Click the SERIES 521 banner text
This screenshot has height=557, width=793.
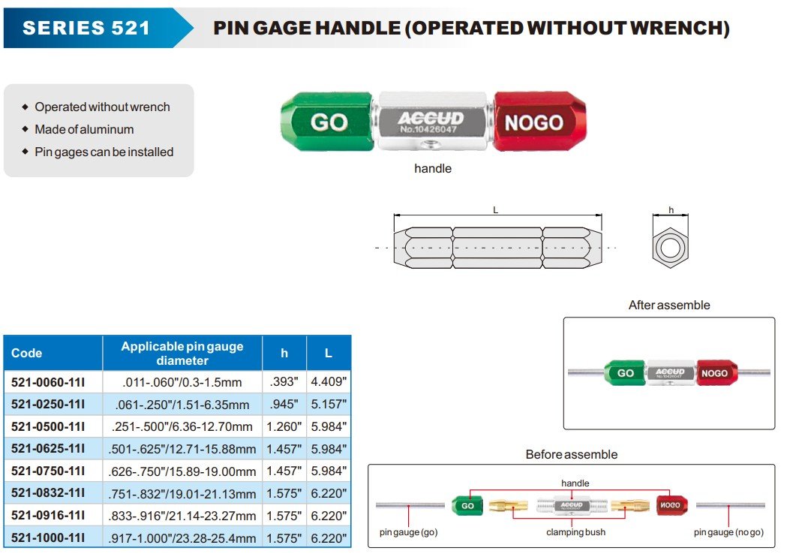coord(86,29)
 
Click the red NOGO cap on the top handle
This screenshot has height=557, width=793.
coord(533,122)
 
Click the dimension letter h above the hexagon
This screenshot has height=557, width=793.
coord(671,210)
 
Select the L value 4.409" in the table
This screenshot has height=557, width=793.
coord(328,381)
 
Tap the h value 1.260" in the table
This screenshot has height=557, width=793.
coord(284,427)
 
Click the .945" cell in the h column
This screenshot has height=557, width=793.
coord(284,405)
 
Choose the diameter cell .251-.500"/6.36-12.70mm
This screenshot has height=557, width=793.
coord(182,427)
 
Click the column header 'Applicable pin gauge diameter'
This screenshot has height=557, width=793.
coord(182,353)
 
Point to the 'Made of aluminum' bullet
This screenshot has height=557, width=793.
coord(84,129)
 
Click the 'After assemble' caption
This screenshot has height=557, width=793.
coord(668,306)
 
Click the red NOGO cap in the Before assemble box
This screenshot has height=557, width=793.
coord(669,505)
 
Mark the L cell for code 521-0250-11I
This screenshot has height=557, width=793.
coord(328,405)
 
